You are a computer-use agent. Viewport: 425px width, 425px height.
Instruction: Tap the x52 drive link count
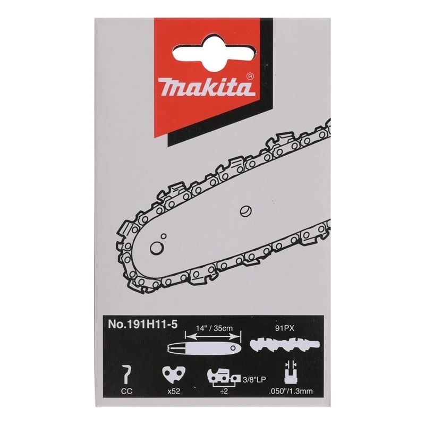pos(171,393)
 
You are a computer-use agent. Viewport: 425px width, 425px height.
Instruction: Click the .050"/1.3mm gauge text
pos(291,394)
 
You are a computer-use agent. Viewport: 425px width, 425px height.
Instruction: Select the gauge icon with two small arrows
pos(290,372)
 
